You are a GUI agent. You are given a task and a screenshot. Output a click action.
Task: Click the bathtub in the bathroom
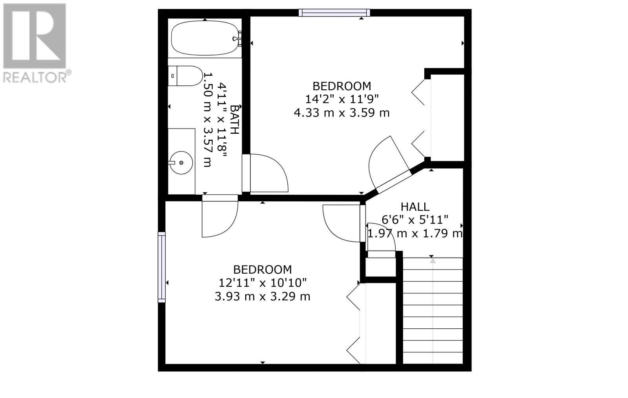tap(205, 38)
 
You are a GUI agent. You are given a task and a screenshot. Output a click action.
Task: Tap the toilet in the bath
tap(185, 76)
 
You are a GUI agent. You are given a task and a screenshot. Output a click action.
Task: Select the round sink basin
tap(181, 163)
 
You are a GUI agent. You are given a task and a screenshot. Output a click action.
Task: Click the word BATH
tap(235, 120)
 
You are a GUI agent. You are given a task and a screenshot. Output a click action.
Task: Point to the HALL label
tap(415, 207)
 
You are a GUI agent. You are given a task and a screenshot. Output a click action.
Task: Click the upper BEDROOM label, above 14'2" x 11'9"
tap(342, 86)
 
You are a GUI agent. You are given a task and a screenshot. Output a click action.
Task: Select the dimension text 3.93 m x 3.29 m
tap(263, 297)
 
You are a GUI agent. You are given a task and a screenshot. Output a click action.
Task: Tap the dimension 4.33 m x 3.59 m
tap(342, 113)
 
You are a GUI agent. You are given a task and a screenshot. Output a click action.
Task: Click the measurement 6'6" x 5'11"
tap(415, 219)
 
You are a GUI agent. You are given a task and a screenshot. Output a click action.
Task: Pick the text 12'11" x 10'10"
tap(263, 283)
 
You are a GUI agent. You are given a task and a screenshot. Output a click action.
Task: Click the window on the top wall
tap(334, 13)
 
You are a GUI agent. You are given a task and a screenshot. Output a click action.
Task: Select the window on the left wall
tap(162, 267)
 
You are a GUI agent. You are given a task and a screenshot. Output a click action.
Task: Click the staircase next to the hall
tap(433, 311)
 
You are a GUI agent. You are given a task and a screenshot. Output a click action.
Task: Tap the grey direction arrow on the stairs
tap(433, 261)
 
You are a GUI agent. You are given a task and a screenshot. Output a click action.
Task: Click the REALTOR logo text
tap(37, 77)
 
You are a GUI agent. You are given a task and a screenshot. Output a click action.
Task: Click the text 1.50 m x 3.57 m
tap(207, 120)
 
